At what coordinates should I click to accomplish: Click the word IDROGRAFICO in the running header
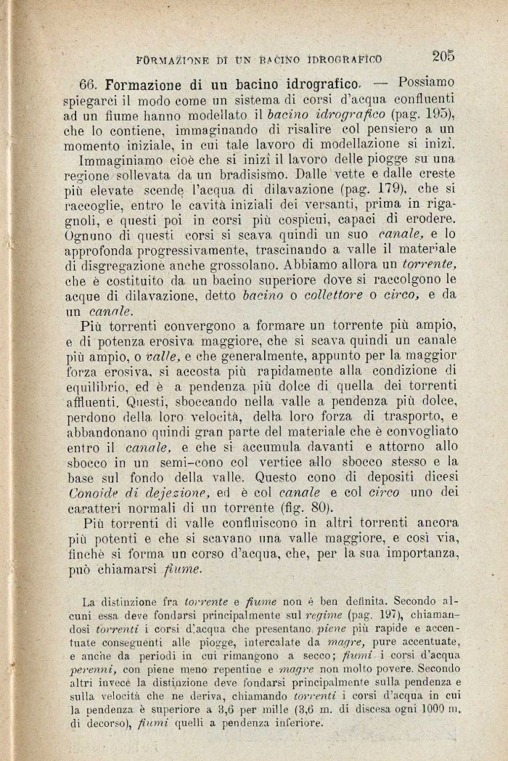(345, 57)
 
